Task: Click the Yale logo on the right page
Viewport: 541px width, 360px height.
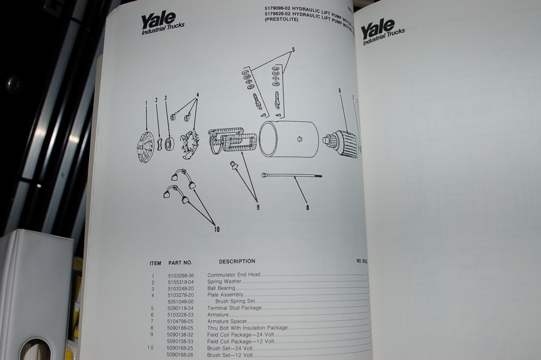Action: click(382, 32)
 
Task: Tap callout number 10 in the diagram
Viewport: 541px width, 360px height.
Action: click(217, 229)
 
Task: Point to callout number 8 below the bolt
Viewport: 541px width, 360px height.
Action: click(307, 207)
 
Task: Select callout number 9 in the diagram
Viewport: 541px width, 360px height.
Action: click(258, 207)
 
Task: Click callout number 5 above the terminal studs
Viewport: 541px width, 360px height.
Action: click(293, 50)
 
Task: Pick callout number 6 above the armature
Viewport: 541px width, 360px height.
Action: click(340, 91)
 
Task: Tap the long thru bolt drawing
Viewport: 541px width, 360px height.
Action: click(291, 176)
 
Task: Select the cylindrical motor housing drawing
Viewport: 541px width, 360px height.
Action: click(288, 139)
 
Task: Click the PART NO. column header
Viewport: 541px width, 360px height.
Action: click(180, 263)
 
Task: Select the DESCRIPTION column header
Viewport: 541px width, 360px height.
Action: click(237, 261)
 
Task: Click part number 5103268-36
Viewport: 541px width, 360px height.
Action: click(181, 276)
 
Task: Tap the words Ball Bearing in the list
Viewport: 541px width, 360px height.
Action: click(221, 288)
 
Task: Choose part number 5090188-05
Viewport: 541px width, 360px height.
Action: click(180, 328)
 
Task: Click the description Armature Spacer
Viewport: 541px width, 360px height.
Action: click(227, 321)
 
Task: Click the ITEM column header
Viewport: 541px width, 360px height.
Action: click(155, 263)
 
